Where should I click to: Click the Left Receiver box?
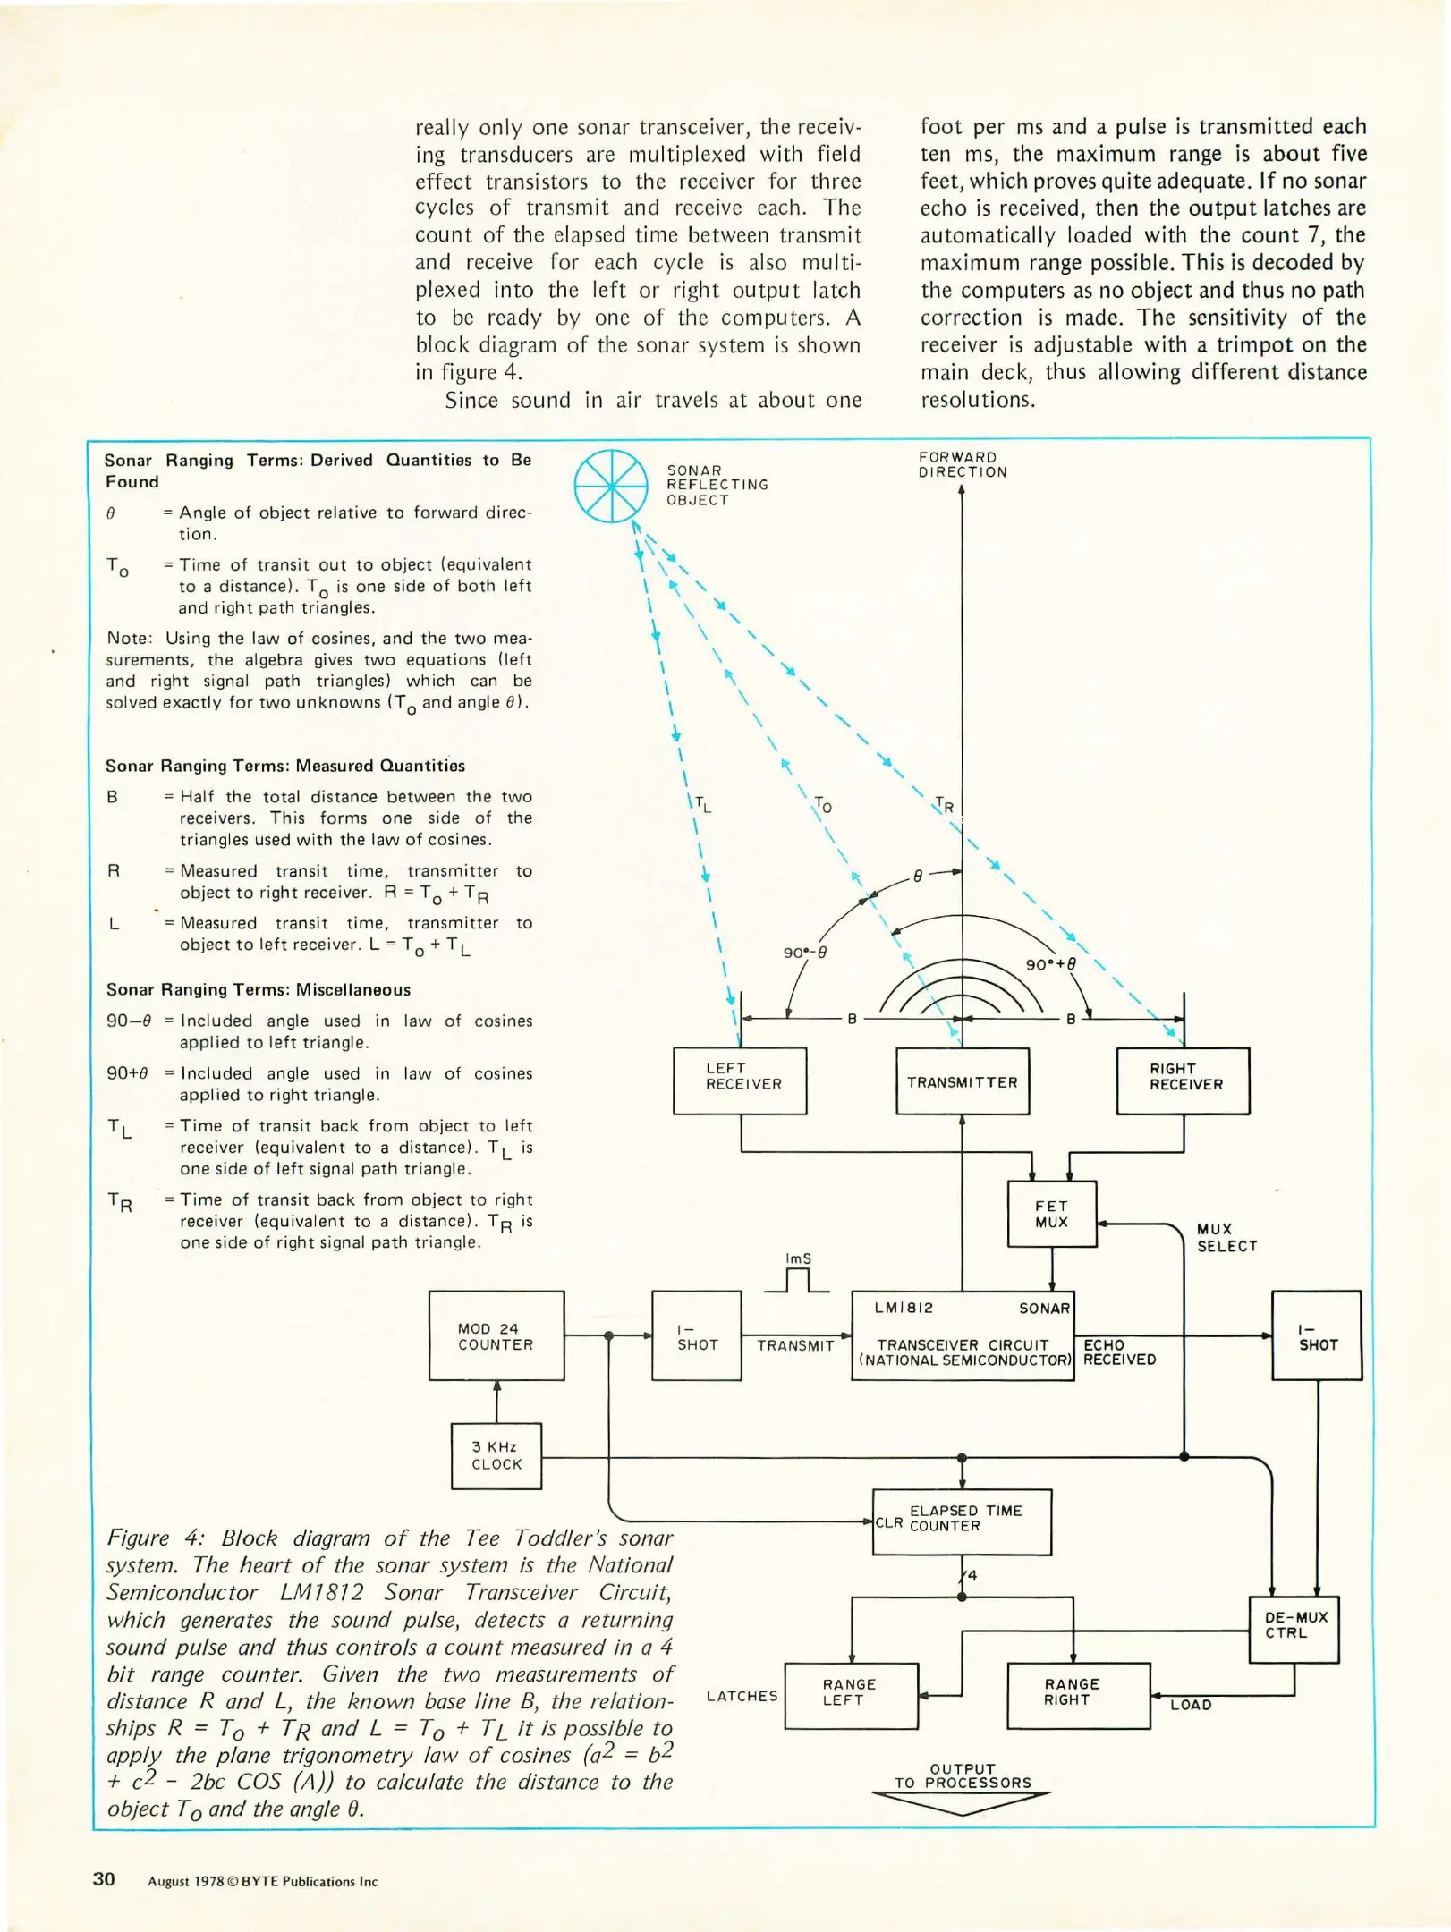(x=740, y=1080)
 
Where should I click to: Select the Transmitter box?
(x=963, y=1081)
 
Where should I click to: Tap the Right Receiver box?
(x=1183, y=1080)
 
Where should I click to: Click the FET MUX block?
(x=1051, y=1214)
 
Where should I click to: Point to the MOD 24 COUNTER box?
(x=496, y=1335)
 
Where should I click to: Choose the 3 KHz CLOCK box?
(x=496, y=1455)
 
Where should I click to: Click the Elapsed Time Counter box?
(x=962, y=1521)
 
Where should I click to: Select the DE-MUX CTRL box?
(x=1294, y=1629)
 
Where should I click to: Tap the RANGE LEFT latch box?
(x=851, y=1695)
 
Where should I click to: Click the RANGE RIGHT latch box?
(x=1078, y=1695)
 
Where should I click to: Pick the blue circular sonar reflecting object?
(x=611, y=486)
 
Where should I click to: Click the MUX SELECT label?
(x=1226, y=1238)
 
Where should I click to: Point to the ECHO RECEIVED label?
(x=1119, y=1352)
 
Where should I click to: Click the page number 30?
(x=104, y=1878)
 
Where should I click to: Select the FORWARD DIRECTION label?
(x=962, y=464)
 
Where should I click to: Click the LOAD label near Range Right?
(x=1191, y=1705)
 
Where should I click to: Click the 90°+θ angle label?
(x=1050, y=965)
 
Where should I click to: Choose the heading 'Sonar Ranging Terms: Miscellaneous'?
(x=259, y=989)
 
